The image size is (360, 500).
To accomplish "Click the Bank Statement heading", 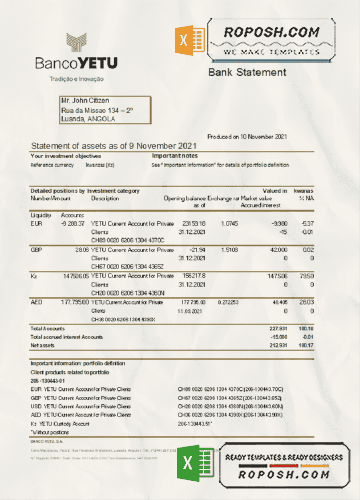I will click(247, 72).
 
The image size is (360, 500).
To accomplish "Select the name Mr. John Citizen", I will click(85, 101).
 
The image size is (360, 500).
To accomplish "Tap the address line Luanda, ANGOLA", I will click(87, 119).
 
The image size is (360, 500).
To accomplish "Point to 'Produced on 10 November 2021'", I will click(247, 137).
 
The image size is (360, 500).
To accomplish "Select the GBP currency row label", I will click(36, 250).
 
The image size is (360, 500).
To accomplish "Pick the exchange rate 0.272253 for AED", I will click(228, 302).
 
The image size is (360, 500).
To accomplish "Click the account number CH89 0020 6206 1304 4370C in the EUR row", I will click(127, 241).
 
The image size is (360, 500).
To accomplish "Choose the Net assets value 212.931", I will click(276, 345).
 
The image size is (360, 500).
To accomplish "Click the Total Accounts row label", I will click(47, 328).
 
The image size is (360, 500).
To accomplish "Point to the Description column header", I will click(105, 198).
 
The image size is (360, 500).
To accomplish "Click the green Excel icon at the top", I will click(189, 40).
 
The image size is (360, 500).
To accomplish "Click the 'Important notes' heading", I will click(175, 156).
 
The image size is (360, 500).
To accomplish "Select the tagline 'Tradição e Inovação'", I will click(76, 79).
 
